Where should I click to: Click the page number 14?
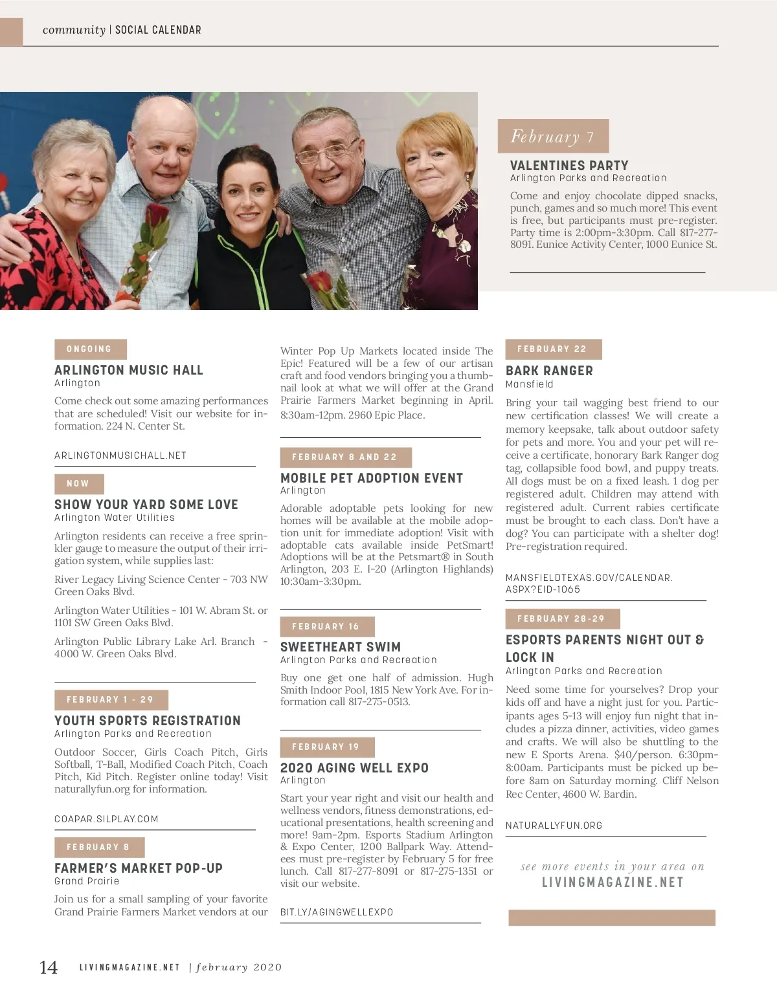click(x=49, y=967)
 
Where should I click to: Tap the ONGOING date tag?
click(x=90, y=349)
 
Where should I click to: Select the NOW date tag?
click(x=78, y=484)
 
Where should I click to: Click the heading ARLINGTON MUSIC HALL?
click(x=129, y=370)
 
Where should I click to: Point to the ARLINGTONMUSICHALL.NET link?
click(x=120, y=455)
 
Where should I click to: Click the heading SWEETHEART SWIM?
click(x=341, y=647)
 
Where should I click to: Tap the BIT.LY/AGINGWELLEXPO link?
click(x=337, y=912)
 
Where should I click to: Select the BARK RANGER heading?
click(x=549, y=371)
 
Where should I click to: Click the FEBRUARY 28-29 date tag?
click(x=561, y=619)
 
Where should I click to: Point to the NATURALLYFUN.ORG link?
click(x=554, y=826)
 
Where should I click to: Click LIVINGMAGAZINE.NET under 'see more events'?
click(x=613, y=882)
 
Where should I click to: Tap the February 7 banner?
click(x=553, y=137)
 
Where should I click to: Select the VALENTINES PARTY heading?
click(x=569, y=166)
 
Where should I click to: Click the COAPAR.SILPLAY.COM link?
click(x=106, y=819)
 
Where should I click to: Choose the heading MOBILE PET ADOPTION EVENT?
click(x=372, y=478)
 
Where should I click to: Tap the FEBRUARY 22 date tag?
click(x=552, y=349)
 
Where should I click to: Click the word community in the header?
click(x=74, y=30)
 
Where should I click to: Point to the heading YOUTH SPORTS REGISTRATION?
click(x=148, y=721)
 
